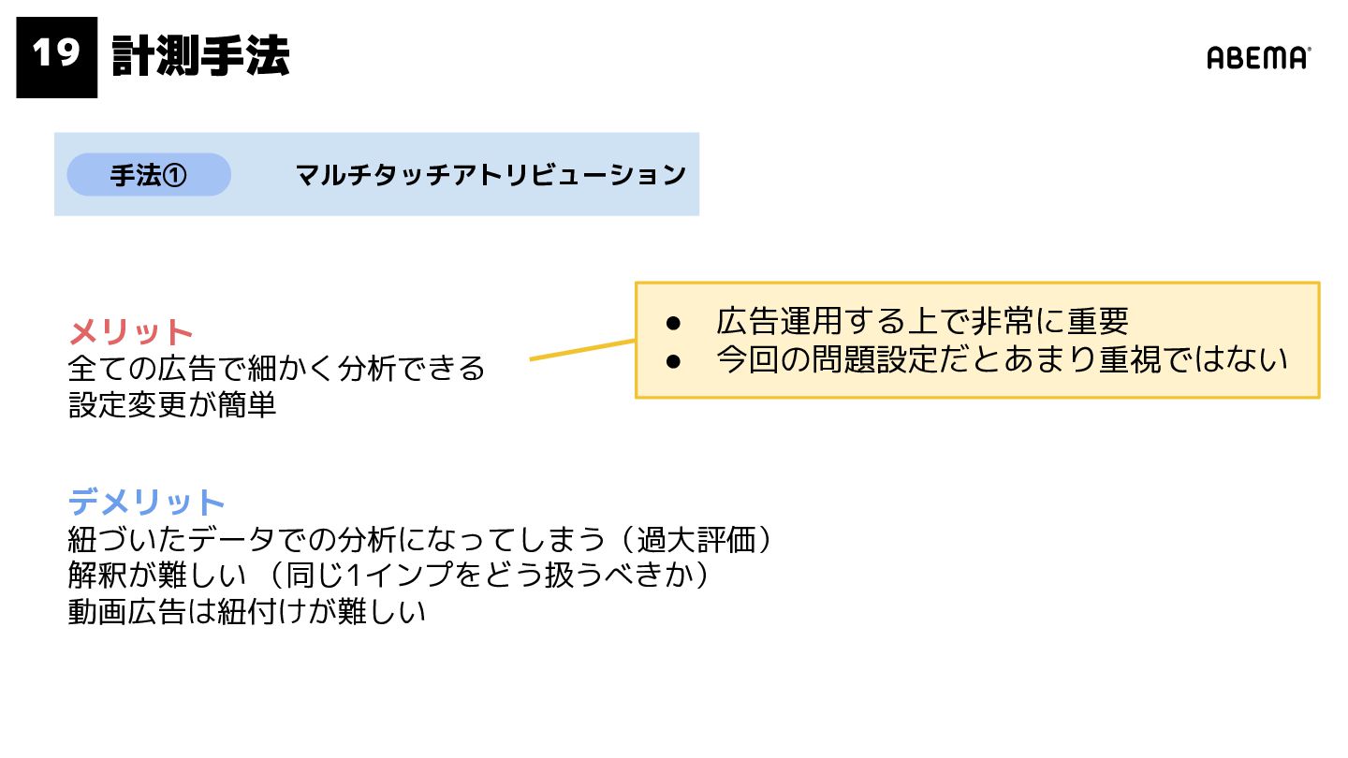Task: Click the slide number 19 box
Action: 56,57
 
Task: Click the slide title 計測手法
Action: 200,57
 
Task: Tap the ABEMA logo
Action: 1258,58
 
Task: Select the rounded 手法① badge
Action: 149,175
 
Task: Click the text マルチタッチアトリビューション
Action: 491,175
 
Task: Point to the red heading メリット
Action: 131,332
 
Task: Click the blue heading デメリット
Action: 147,503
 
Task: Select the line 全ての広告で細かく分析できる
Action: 277,368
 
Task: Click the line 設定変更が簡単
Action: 172,405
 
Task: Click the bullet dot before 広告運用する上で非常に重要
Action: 672,323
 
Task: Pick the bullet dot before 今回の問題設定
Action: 672,361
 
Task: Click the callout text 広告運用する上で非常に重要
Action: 922,322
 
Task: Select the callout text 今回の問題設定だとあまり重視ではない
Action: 1002,360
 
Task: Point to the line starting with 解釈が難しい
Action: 388,576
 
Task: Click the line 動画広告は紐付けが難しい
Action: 247,612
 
